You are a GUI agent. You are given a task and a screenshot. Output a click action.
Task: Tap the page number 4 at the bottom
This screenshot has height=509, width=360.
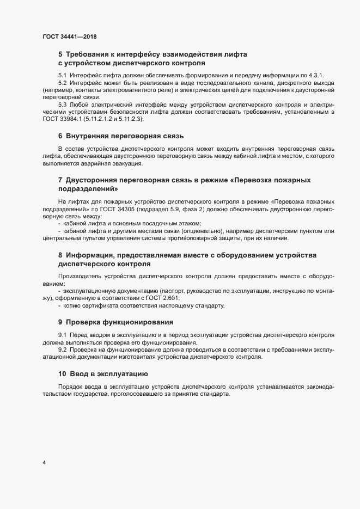(x=44, y=463)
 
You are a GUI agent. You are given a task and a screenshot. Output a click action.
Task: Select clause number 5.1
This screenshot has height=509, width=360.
(x=63, y=75)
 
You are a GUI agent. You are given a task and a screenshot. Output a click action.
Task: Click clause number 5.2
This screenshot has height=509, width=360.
(x=63, y=82)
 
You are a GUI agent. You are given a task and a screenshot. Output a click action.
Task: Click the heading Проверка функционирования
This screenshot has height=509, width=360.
(x=119, y=322)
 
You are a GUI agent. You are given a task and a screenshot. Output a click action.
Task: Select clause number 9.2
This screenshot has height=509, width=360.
(x=63, y=349)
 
